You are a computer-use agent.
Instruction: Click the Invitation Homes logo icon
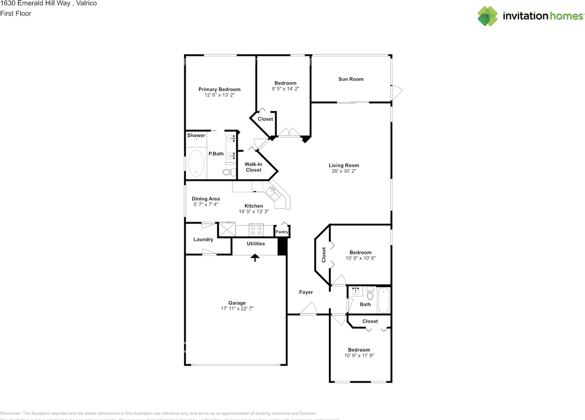[488, 16]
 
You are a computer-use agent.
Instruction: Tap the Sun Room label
[351, 79]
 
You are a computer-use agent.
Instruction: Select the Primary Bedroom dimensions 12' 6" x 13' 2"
[219, 95]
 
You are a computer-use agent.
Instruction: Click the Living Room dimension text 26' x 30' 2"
[344, 172]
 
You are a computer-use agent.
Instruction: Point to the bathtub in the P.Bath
[197, 163]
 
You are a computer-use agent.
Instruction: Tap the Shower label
[196, 135]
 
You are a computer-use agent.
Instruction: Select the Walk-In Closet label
[253, 167]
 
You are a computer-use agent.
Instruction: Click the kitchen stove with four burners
[255, 230]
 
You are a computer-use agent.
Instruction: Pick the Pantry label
[282, 232]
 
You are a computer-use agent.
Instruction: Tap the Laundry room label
[203, 239]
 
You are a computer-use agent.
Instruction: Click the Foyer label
[306, 292]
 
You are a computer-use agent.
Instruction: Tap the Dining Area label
[206, 199]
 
